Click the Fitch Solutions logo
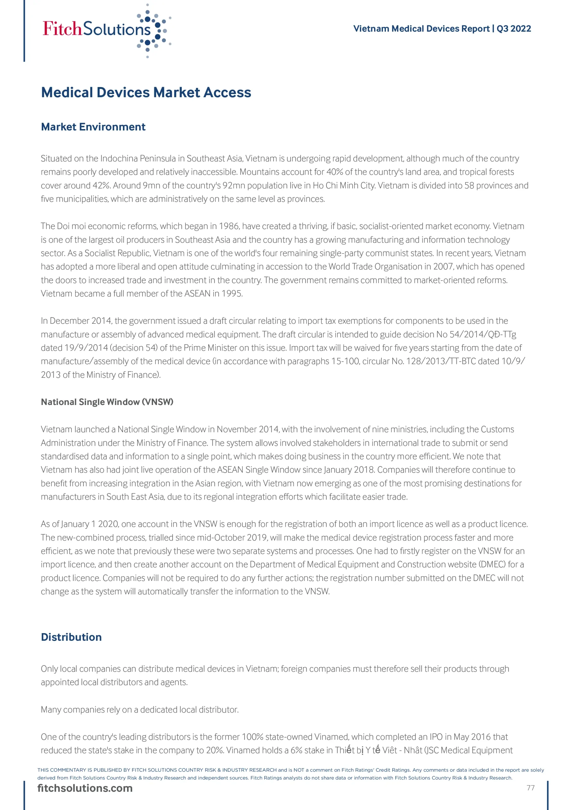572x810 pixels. [106, 30]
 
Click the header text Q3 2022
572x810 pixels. [514, 28]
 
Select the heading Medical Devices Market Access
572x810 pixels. [146, 92]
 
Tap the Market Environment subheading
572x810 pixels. [93, 127]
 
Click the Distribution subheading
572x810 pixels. [71, 637]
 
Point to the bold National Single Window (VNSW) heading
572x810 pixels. [107, 402]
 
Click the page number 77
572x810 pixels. [530, 788]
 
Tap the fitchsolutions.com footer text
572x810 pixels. [85, 788]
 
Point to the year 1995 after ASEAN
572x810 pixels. [232, 294]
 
